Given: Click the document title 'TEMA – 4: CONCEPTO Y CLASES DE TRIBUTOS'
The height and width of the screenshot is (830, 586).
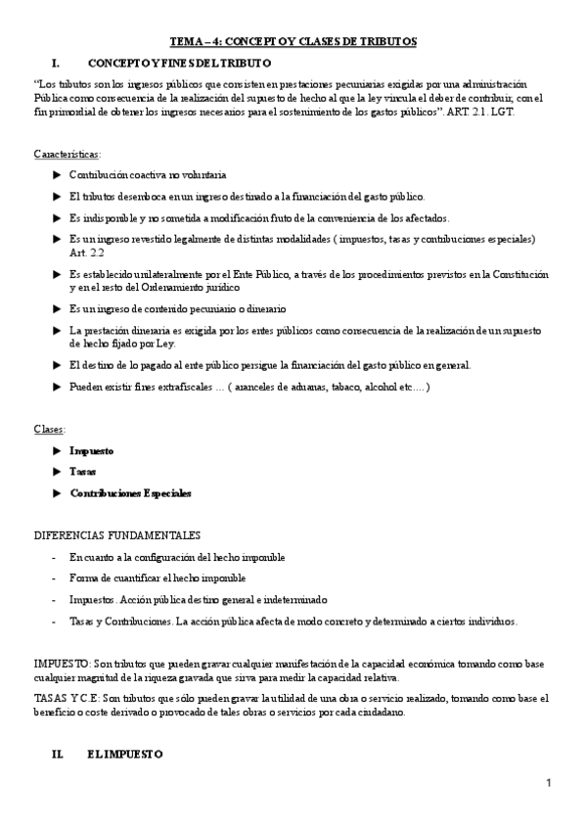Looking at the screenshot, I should [x=293, y=41].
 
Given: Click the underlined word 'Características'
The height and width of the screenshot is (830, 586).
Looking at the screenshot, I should [x=66, y=155].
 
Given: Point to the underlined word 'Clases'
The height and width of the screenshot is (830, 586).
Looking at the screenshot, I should [x=49, y=429].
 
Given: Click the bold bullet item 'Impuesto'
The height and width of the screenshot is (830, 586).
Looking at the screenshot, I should [x=92, y=451].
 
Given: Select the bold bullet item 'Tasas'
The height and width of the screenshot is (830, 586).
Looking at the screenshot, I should [x=83, y=472].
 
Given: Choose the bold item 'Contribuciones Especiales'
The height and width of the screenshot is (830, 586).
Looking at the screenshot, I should [x=130, y=493].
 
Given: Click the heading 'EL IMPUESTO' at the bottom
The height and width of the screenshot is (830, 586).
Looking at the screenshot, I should [x=117, y=756].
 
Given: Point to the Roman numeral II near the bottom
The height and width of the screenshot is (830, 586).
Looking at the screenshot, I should [x=57, y=756].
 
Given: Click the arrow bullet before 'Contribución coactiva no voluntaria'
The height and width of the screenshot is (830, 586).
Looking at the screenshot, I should [x=56, y=174].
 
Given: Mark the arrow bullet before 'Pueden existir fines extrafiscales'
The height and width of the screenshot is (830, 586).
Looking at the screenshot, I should [x=56, y=388].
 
